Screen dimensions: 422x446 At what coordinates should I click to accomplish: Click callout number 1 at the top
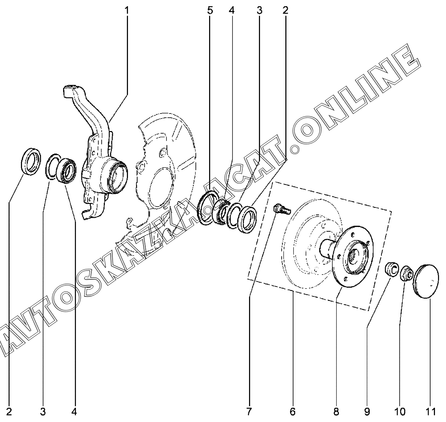pos(127,10)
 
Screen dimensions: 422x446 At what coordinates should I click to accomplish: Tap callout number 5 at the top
pos(210,10)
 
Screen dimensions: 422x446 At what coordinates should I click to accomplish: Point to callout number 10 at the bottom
pos(400,411)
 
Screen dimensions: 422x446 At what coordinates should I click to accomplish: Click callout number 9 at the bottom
pos(367,411)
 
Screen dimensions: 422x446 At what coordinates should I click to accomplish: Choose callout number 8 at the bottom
pos(336,411)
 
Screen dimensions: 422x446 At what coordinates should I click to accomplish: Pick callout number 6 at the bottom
pos(292,411)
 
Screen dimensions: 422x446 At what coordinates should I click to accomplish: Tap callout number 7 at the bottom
pos(249,411)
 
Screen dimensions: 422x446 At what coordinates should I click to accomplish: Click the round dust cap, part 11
pos(427,281)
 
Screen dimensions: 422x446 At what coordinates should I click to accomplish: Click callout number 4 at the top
pos(231,10)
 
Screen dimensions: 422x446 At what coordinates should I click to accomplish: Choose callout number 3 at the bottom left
pos(43,411)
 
